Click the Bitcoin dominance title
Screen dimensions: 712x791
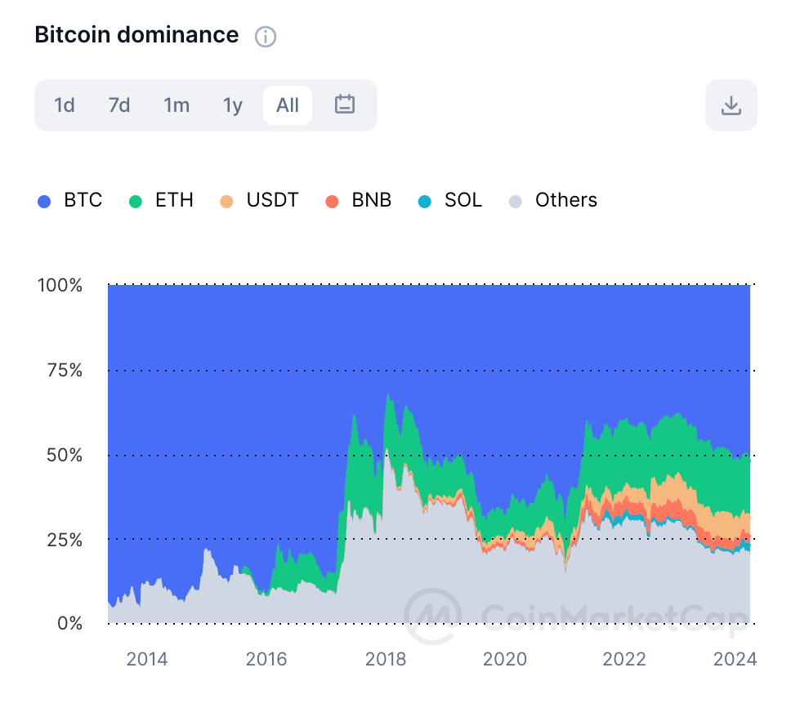[x=136, y=35]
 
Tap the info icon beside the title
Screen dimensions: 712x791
[x=266, y=37]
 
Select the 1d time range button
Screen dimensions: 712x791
[x=65, y=105]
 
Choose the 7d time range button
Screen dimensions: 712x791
[x=119, y=105]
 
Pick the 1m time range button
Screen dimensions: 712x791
[x=177, y=105]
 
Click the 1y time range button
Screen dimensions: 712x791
[x=233, y=105]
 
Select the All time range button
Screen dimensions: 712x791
[x=288, y=105]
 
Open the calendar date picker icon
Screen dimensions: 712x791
[x=345, y=105]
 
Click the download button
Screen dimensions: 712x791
[x=731, y=105]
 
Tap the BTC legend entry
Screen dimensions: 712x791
[x=71, y=200]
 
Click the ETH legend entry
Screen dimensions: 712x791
[x=163, y=200]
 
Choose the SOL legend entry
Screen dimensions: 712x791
[x=452, y=200]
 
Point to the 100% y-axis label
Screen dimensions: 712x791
[x=60, y=286]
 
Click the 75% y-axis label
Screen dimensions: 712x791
[x=64, y=371]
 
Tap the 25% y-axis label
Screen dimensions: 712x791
[x=64, y=540]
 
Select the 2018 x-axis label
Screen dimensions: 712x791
[x=386, y=659]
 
